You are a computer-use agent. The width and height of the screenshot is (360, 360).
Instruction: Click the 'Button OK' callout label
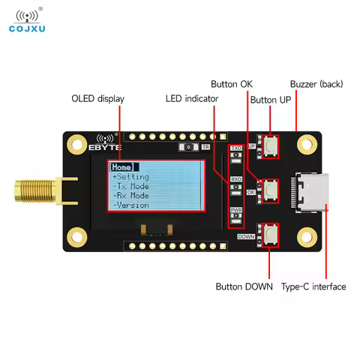231,83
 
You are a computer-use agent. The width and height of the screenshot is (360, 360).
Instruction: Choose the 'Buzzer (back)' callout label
316,83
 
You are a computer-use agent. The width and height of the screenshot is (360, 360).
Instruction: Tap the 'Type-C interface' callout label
313,286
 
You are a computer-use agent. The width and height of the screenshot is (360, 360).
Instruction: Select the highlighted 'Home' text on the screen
121,166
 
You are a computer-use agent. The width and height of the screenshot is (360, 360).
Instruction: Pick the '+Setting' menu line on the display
131,176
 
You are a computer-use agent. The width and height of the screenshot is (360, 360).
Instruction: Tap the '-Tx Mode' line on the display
131,186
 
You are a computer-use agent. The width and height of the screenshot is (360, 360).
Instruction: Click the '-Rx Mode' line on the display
131,195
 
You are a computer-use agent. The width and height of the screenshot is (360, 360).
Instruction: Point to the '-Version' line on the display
131,205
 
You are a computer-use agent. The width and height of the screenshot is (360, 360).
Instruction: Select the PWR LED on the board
236,216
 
